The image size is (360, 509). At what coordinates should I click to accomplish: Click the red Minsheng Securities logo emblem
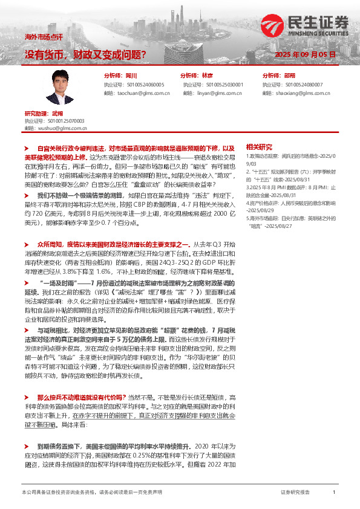pyautogui.click(x=272, y=25)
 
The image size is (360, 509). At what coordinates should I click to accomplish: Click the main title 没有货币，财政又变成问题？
pyautogui.click(x=85, y=55)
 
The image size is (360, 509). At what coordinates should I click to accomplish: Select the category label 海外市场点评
pyautogui.click(x=40, y=37)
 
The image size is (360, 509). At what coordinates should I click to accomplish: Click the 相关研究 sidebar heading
pyautogui.click(x=259, y=146)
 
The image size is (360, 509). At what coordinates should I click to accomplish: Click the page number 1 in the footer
pyautogui.click(x=334, y=493)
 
